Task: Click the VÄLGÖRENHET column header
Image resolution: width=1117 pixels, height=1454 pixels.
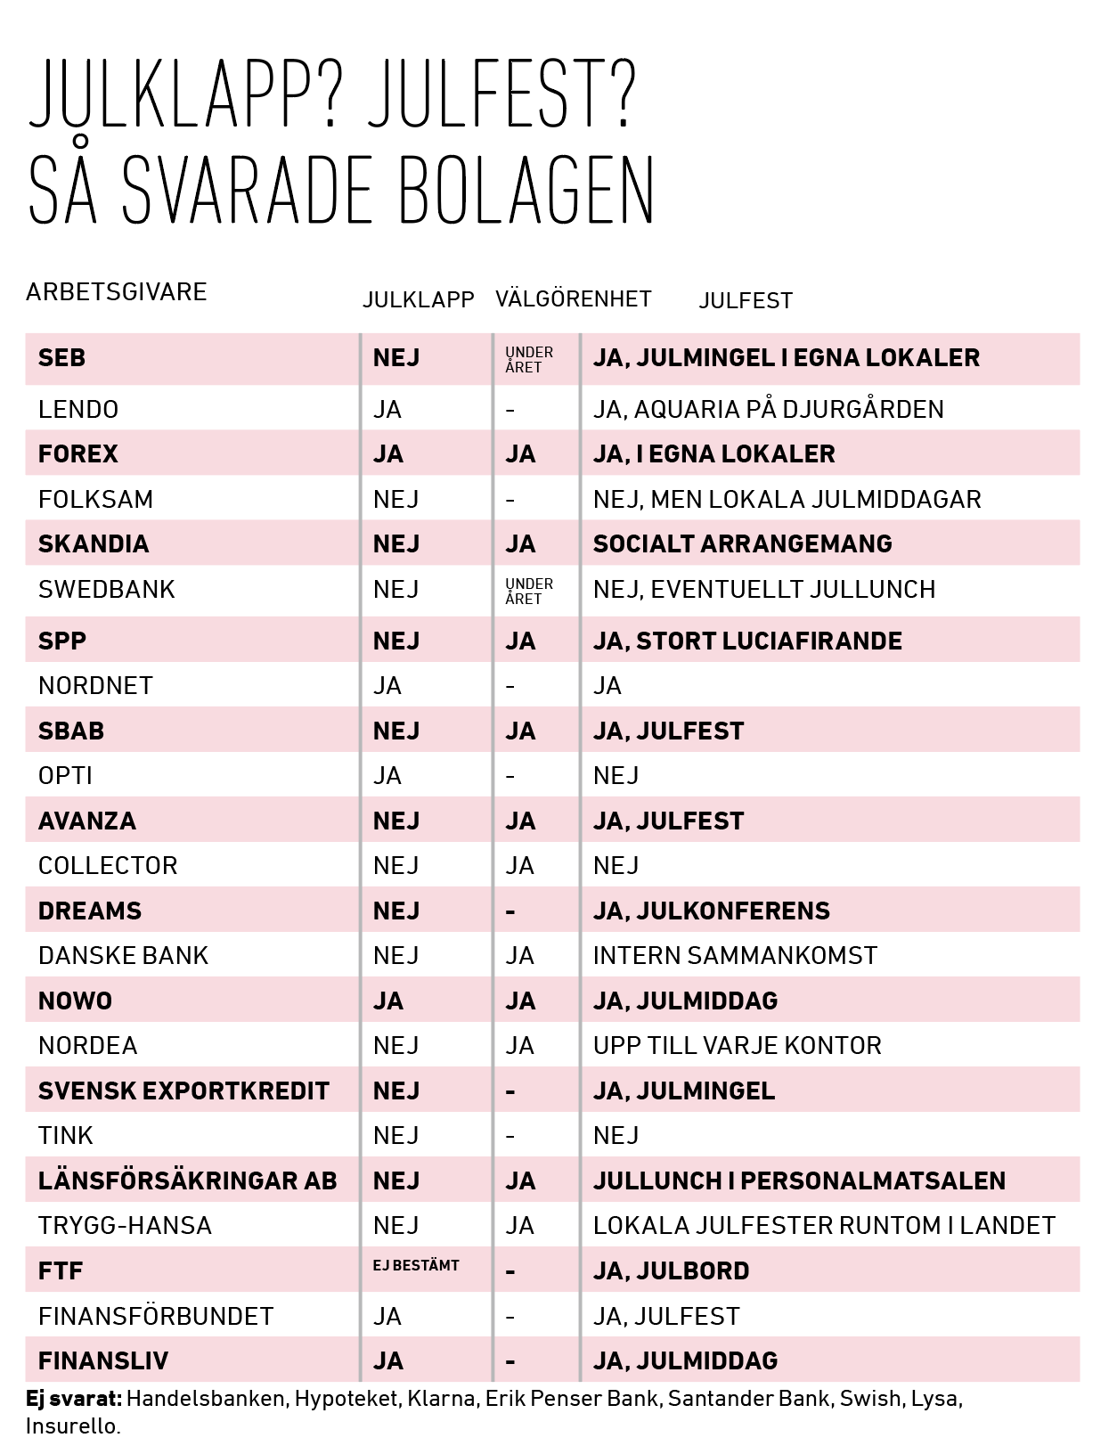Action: tap(574, 299)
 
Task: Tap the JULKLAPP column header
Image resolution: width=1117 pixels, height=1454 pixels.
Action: tap(418, 300)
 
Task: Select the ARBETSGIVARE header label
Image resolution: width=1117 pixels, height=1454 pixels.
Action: tap(117, 292)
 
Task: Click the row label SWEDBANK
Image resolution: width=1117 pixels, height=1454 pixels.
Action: tap(107, 590)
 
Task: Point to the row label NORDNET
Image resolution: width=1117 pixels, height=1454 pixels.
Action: tap(95, 686)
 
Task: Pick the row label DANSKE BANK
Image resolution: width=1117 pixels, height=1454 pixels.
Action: tap(123, 956)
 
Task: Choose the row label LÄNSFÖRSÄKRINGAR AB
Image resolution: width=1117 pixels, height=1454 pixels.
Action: tap(187, 1181)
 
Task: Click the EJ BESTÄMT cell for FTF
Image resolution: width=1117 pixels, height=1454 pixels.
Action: tap(416, 1265)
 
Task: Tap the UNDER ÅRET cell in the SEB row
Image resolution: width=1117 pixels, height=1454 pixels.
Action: tap(529, 359)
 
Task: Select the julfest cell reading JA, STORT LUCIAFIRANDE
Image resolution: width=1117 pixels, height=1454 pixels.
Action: tap(747, 641)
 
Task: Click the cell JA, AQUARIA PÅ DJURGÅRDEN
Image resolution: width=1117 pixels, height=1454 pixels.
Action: tap(768, 410)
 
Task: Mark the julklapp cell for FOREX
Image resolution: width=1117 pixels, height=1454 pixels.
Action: tap(388, 454)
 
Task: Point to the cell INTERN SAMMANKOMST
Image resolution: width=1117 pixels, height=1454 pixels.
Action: tap(735, 956)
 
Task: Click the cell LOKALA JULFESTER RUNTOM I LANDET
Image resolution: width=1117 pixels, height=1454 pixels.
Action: tap(824, 1226)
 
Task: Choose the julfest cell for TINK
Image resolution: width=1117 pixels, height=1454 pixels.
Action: tap(616, 1136)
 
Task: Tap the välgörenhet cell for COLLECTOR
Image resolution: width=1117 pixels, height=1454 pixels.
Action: tap(520, 866)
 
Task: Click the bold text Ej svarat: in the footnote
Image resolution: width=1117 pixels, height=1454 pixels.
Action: tap(74, 1399)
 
